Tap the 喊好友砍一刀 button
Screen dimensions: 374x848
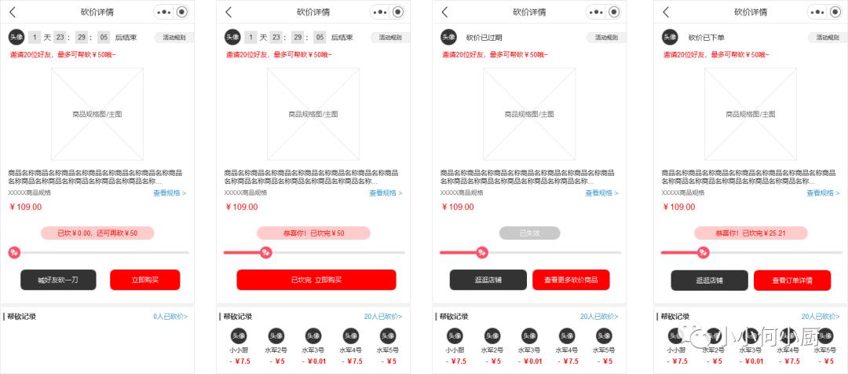(x=58, y=280)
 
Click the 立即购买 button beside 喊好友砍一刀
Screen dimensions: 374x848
(x=144, y=280)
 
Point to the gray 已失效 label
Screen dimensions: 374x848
(x=529, y=233)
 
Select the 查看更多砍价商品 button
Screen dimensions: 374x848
(x=571, y=280)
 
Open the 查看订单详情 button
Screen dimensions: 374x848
(x=791, y=280)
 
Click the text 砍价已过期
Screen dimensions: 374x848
(x=484, y=37)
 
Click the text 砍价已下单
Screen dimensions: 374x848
(x=706, y=37)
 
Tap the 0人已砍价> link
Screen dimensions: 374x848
(x=170, y=317)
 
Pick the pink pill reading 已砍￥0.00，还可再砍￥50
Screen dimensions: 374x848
(x=97, y=233)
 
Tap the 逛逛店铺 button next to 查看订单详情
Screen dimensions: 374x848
(x=709, y=280)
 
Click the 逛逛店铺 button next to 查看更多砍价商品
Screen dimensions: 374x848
(x=488, y=280)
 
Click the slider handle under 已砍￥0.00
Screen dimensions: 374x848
(x=14, y=252)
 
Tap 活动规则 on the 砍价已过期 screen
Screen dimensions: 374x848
(x=605, y=37)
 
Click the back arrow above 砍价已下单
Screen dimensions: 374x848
(x=666, y=12)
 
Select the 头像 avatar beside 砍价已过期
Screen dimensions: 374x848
(x=448, y=37)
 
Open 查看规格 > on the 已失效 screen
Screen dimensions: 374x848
(x=601, y=192)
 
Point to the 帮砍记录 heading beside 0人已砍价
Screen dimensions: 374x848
(x=21, y=317)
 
